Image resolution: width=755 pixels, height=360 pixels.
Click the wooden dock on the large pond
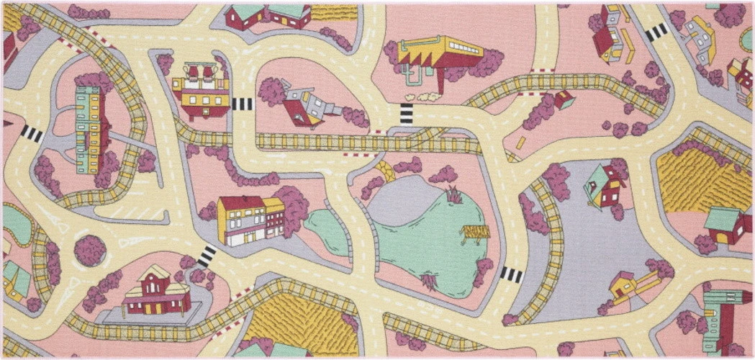coord(474,232)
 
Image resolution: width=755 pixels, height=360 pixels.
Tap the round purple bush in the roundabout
coord(90,250)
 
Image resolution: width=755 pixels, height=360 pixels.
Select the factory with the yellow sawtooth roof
coord(439,54)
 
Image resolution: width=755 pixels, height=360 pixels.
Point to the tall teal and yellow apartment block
coord(89,130)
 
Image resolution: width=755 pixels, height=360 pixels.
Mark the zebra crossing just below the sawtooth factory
coord(407,114)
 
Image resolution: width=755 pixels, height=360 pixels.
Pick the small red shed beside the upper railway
coord(564,99)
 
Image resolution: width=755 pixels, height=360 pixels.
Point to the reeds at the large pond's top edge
coord(454,194)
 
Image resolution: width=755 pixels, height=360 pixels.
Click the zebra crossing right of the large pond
coord(510,274)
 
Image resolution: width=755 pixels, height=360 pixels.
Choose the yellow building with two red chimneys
coord(199,90)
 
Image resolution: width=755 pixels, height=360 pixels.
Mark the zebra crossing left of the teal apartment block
coord(31,133)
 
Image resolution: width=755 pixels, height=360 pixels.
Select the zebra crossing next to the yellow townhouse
coord(207,256)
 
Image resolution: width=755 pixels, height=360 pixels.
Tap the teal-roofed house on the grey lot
coord(603,186)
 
